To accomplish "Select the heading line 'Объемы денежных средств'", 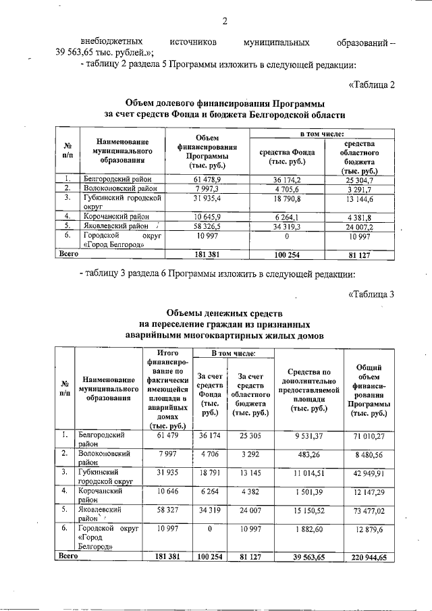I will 225,314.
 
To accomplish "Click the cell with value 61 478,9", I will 207,180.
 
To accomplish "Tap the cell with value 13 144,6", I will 364,200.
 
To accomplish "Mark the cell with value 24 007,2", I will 364,228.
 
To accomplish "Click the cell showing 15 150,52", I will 310,511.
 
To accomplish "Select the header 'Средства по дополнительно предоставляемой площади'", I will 309,390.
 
